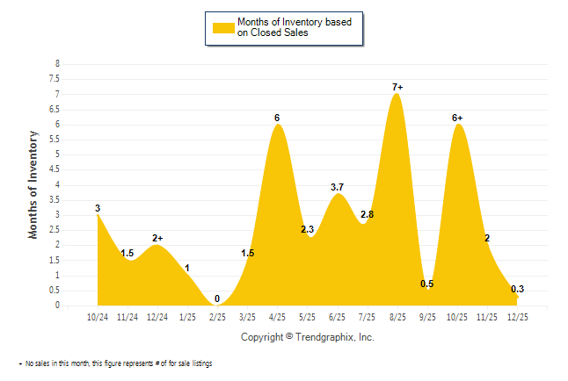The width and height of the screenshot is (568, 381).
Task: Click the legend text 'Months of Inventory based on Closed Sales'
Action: click(298, 27)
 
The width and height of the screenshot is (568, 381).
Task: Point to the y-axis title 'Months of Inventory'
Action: click(33, 184)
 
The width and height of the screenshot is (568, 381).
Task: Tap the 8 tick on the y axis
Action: click(57, 64)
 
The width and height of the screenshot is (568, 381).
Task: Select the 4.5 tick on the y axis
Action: click(55, 169)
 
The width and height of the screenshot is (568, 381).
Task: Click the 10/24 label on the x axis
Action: click(98, 318)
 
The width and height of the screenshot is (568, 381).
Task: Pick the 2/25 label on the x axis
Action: click(217, 318)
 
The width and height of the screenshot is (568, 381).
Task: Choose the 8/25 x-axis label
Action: click(397, 318)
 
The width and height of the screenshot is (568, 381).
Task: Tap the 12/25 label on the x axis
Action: click(516, 318)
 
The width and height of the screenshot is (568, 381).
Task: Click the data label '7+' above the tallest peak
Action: click(397, 87)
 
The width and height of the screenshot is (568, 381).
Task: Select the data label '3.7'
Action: click(338, 187)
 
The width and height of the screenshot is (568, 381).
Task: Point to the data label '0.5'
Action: click(427, 284)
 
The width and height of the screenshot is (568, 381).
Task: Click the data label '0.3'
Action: click(517, 290)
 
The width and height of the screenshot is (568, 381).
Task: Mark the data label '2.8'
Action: click(368, 214)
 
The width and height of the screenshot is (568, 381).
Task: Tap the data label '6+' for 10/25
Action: click(457, 118)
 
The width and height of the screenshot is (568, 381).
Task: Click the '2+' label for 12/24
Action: click(158, 238)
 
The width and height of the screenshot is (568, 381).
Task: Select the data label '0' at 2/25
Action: click(217, 298)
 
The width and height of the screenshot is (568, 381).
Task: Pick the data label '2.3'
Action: click(308, 229)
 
